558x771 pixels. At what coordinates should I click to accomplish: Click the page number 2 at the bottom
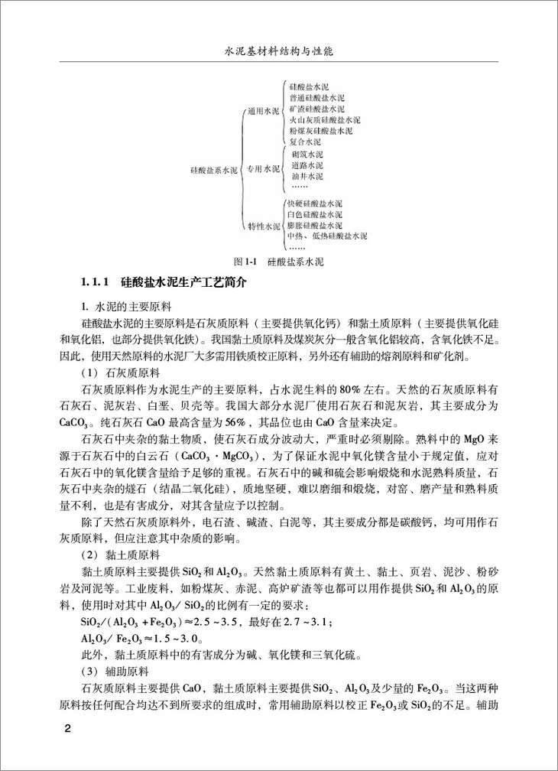[x=67, y=727]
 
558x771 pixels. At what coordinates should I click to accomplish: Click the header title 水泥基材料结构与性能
[x=278, y=54]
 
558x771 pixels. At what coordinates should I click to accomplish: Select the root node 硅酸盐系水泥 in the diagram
[x=215, y=170]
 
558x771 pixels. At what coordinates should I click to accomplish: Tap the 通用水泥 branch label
[x=262, y=111]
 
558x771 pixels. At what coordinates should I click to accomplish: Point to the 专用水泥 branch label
[x=262, y=170]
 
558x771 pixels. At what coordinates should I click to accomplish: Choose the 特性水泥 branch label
[x=262, y=226]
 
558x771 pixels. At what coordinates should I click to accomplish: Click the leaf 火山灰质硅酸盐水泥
[x=324, y=121]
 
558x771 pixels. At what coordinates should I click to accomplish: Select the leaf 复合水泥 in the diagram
[x=305, y=142]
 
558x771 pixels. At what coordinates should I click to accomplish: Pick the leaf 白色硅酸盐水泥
[x=314, y=215]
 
